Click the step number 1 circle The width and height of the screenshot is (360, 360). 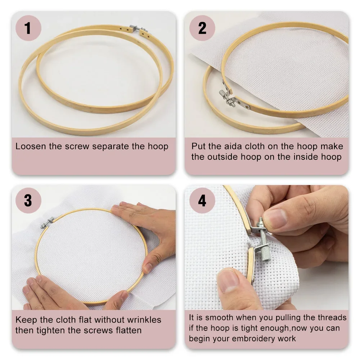[x=28, y=28]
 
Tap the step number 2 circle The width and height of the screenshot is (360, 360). [x=202, y=28]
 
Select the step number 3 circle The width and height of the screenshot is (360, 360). [x=28, y=201]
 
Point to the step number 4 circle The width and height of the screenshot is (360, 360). [x=202, y=201]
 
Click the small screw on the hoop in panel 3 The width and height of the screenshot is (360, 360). [x=47, y=222]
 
